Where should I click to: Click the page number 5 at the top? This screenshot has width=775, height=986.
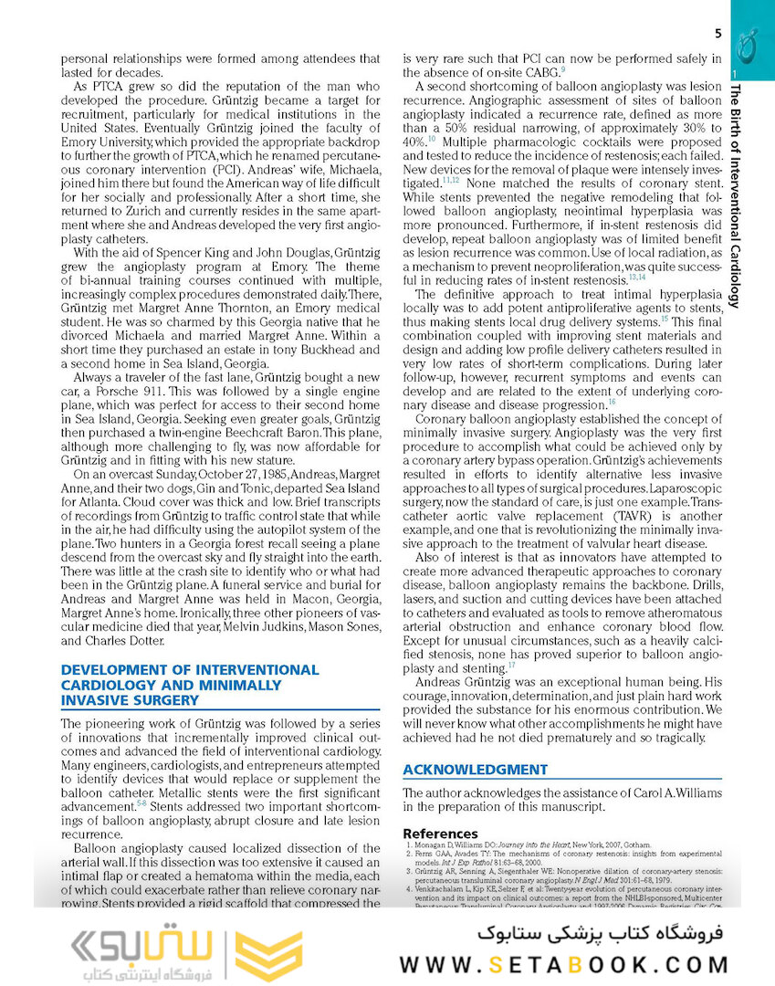point(718,35)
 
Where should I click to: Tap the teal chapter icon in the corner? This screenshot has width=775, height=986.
point(751,41)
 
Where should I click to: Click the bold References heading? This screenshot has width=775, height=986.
point(440,834)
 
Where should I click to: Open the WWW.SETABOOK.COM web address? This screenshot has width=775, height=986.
point(563,964)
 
